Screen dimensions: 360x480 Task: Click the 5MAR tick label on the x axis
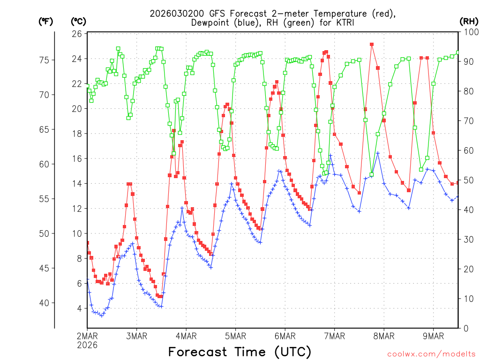(x=236, y=336)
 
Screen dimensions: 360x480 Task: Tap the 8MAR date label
(x=384, y=336)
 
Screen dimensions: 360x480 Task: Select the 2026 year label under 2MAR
(x=88, y=345)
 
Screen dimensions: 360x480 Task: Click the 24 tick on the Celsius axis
(x=77, y=59)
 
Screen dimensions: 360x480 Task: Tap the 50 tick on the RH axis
(x=466, y=180)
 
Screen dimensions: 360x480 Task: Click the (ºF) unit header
(x=45, y=21)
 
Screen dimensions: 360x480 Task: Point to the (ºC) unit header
(x=78, y=21)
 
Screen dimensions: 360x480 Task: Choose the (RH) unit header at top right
(x=468, y=21)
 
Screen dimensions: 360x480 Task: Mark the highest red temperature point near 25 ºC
(x=371, y=45)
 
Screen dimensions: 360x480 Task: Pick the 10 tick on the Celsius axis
(x=77, y=233)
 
